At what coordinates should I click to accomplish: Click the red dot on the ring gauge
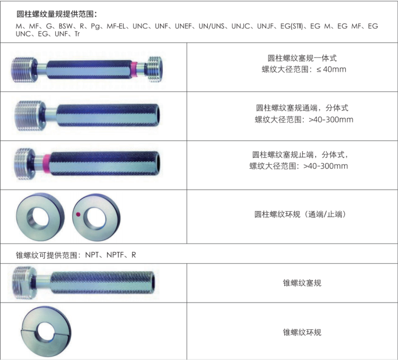click(x=78, y=214)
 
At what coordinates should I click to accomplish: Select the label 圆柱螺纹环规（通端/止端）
click(x=300, y=215)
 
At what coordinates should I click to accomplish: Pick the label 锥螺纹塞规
click(x=302, y=283)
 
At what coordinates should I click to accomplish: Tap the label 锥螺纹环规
click(x=302, y=332)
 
